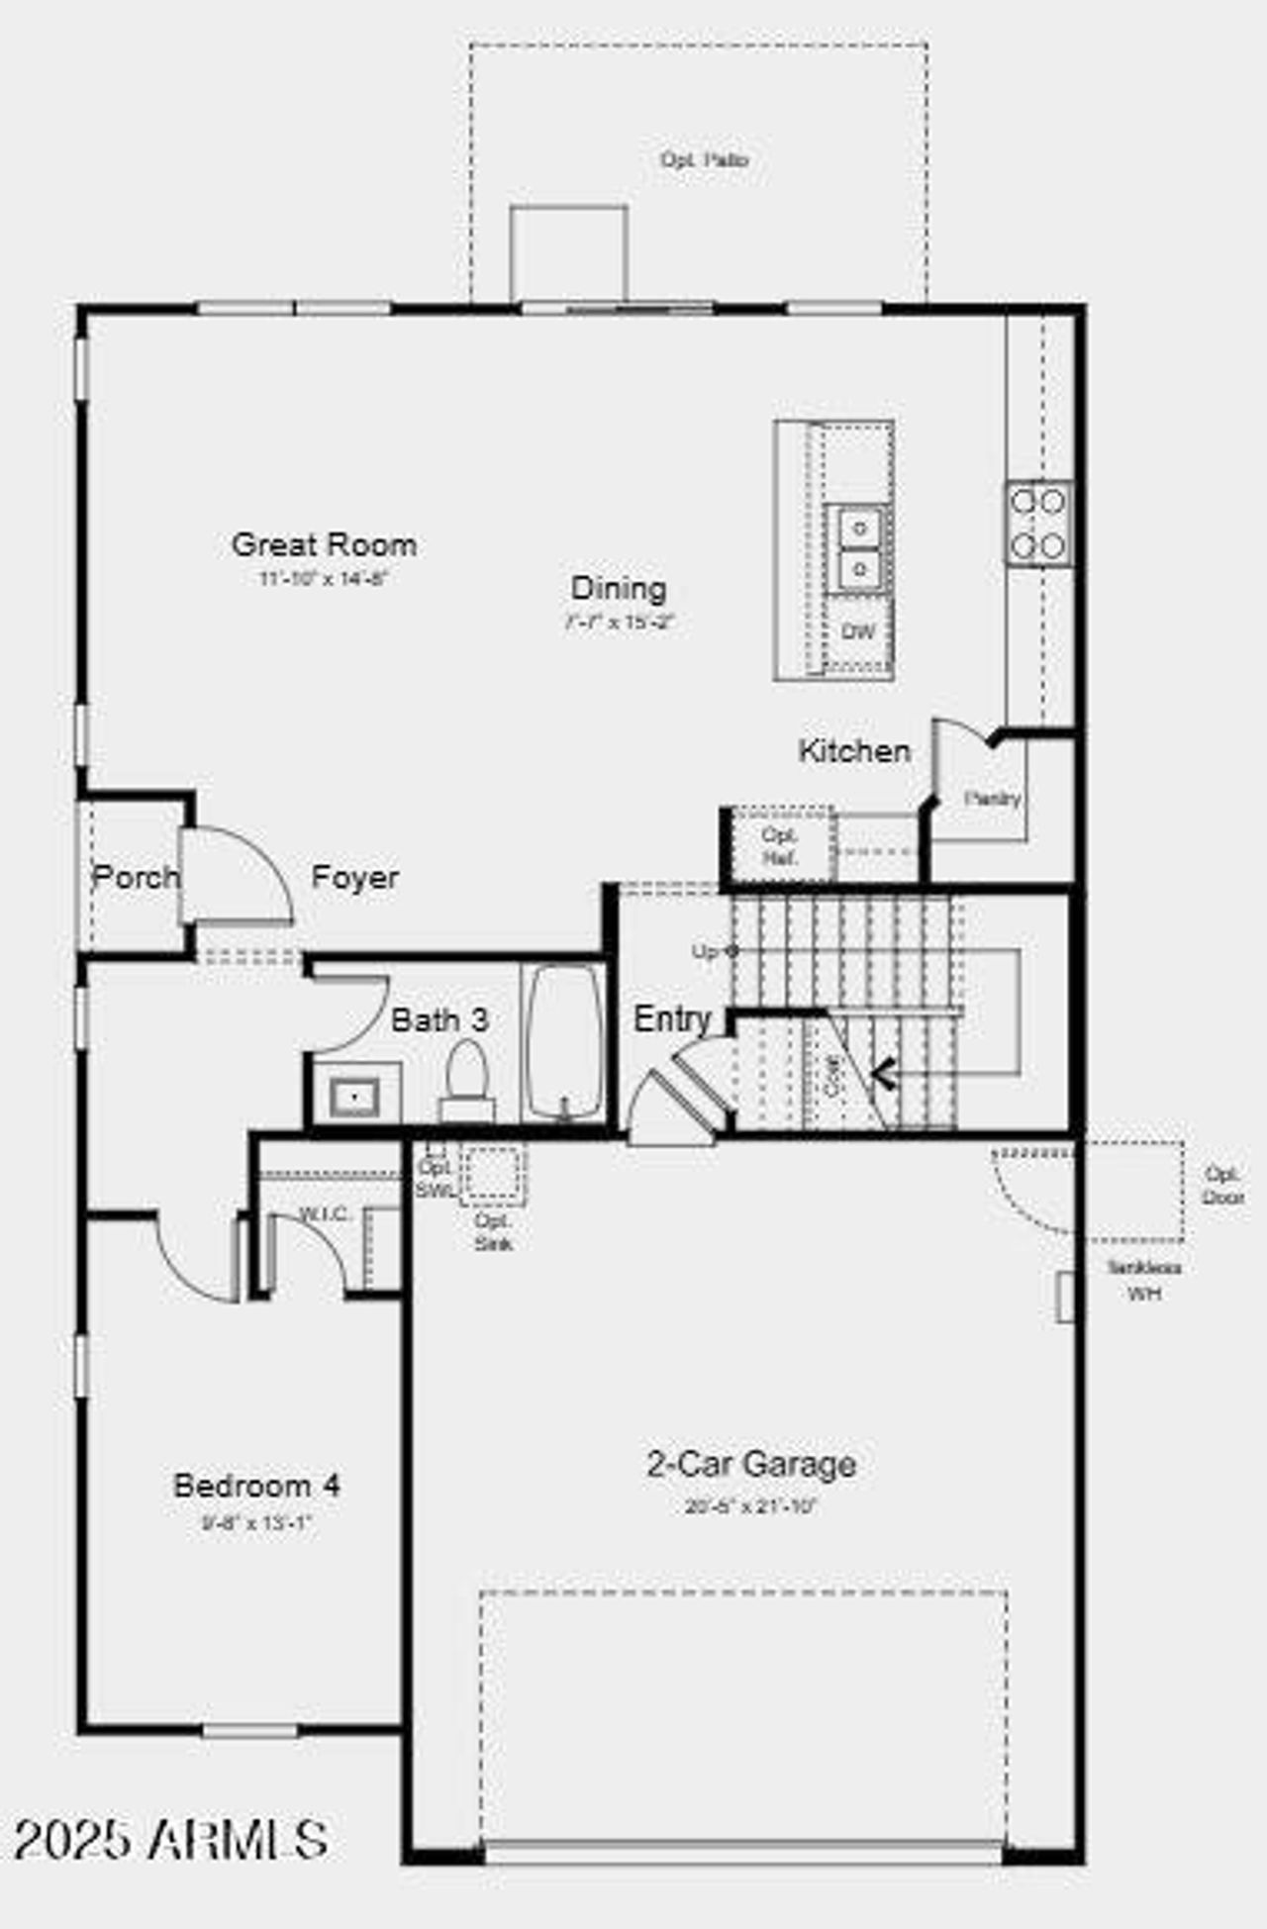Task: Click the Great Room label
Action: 324,544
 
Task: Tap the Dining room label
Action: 619,588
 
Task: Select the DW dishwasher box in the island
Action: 857,631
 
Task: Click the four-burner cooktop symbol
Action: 1038,523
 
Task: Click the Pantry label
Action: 992,798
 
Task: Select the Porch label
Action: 136,876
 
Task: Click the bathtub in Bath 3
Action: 563,1041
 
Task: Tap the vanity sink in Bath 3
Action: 354,1096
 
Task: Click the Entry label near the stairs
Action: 672,1018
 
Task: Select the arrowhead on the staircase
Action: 884,1073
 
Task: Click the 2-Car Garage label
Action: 751,1463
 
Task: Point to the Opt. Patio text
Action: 704,159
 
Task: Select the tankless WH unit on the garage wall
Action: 1065,1297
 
